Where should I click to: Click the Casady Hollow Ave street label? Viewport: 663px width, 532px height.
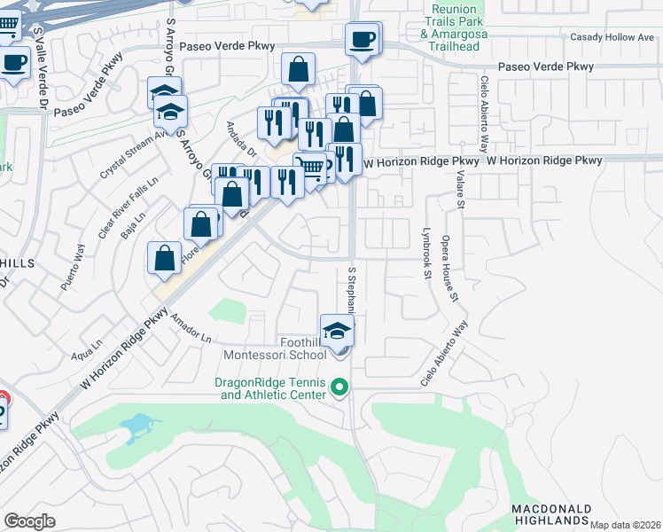(x=611, y=37)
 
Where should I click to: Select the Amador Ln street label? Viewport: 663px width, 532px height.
(x=192, y=329)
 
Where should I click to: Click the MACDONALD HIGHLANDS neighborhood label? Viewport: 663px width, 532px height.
(x=550, y=514)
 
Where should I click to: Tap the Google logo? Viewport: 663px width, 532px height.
(x=30, y=521)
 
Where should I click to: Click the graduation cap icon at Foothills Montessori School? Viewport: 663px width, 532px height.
(x=337, y=331)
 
